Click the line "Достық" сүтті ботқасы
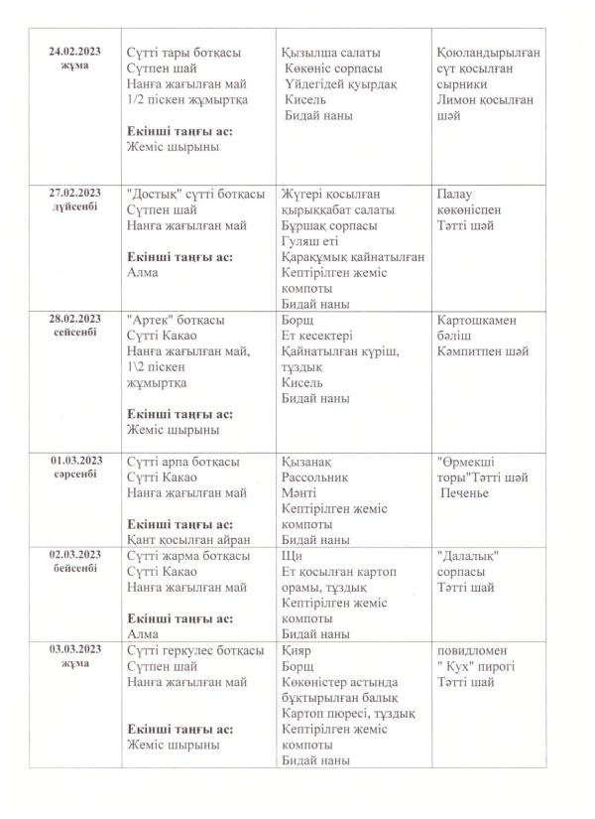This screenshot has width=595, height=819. (x=196, y=193)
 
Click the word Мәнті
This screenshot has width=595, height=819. (x=299, y=492)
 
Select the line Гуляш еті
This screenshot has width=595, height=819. (x=310, y=241)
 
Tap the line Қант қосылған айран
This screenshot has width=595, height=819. (x=188, y=540)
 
